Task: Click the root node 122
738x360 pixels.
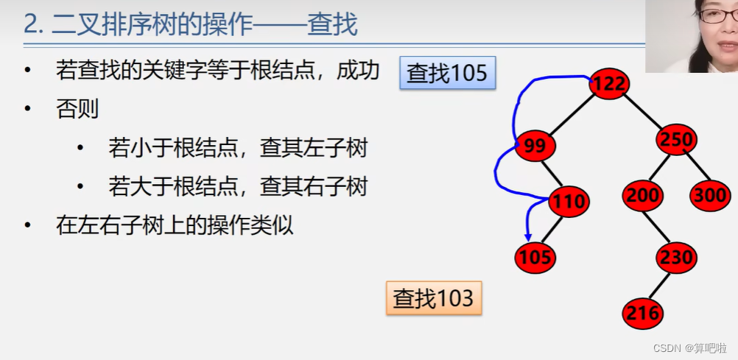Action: coord(609,83)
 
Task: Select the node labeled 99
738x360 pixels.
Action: coord(535,146)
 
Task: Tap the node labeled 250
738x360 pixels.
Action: coord(675,139)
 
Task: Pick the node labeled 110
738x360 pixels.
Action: coord(569,201)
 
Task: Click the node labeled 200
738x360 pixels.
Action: coord(643,196)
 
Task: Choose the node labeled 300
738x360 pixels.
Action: coord(710,196)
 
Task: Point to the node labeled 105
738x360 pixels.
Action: coord(535,257)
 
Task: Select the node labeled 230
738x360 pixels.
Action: coord(675,257)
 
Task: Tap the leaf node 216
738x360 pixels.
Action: coord(643,314)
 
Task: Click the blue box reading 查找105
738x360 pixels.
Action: coord(447,73)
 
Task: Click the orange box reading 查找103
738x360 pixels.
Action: coord(433,297)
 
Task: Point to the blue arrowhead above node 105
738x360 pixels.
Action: coord(527,236)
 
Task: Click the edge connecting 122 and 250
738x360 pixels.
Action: coord(642,110)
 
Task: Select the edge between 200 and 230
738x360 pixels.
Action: coord(659,227)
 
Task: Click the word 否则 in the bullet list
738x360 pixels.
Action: coord(77,109)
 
